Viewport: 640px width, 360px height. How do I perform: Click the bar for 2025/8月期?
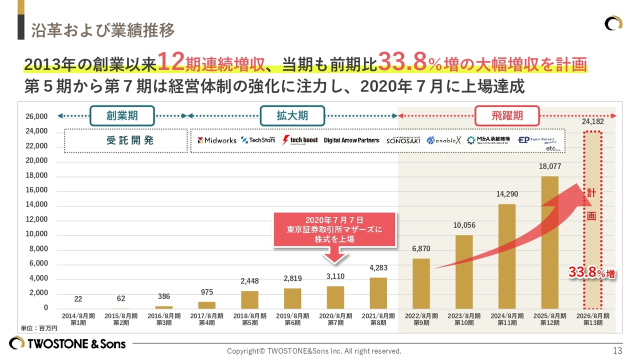[549, 242]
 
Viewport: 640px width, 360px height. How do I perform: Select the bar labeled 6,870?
[421, 283]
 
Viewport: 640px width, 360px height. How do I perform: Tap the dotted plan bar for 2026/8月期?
[593, 220]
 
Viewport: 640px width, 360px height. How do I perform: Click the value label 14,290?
[507, 194]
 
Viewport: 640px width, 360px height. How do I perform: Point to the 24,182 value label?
[593, 121]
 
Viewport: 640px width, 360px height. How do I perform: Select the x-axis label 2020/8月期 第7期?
[335, 319]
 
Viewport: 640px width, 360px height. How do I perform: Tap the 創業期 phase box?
[122, 115]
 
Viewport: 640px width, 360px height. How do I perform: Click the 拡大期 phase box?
[292, 115]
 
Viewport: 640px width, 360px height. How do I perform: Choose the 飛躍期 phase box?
[507, 115]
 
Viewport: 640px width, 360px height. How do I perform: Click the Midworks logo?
[217, 140]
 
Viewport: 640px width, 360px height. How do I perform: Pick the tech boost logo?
[300, 140]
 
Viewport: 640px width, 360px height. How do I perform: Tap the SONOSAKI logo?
[403, 140]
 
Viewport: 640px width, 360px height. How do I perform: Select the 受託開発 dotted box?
[123, 140]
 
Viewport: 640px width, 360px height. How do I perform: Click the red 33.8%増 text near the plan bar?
[591, 273]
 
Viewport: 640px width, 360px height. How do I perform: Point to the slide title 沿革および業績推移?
[103, 30]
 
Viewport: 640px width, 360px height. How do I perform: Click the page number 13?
[617, 350]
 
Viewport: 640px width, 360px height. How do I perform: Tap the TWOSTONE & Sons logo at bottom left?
[67, 343]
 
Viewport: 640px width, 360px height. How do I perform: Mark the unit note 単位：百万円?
[39, 328]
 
